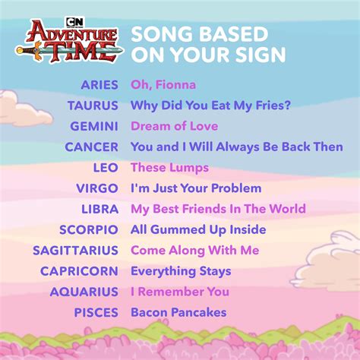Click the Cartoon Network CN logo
click(x=74, y=22)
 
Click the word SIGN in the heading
click(x=261, y=55)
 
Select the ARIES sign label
click(x=99, y=85)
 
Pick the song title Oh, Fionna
click(x=163, y=84)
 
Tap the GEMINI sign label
click(x=94, y=126)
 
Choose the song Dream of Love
click(x=174, y=126)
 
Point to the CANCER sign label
click(x=91, y=147)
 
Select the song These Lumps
click(x=169, y=168)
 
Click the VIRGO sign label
click(x=97, y=188)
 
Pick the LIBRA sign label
click(x=99, y=210)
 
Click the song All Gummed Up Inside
click(x=198, y=230)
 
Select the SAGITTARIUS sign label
click(x=75, y=251)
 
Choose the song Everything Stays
click(x=181, y=271)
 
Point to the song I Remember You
click(x=180, y=292)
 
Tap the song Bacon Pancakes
click(x=178, y=312)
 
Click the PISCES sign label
click(x=96, y=313)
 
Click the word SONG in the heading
click(x=162, y=34)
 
